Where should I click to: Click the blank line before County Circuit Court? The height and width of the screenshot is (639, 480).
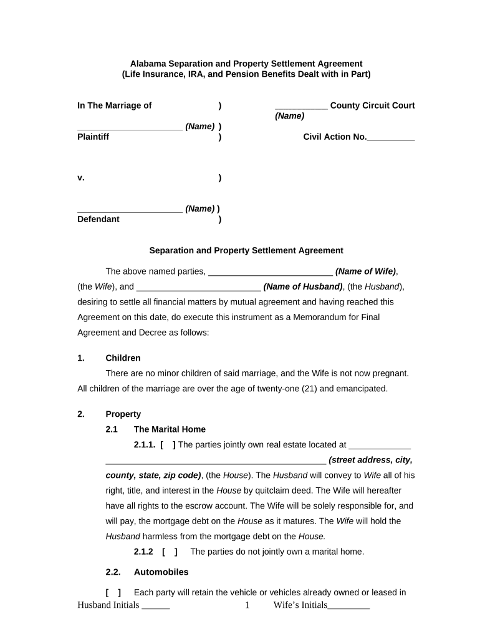point(301,107)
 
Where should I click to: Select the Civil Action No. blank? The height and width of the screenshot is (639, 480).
point(391,138)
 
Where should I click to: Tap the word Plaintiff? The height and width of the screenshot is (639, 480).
point(93,137)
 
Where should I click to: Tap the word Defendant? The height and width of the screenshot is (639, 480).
point(98,219)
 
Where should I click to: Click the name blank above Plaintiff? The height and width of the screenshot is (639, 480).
point(130,127)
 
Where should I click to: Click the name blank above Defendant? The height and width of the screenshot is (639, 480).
point(130,210)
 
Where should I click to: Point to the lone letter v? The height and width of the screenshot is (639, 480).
point(81,178)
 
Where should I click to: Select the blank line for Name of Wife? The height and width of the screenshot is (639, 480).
point(270,273)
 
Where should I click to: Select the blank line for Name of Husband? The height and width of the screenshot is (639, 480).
point(198,288)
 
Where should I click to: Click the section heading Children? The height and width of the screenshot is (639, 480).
point(123,358)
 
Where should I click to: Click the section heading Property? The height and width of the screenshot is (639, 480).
point(123,414)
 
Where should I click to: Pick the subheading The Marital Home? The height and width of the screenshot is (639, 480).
point(170,429)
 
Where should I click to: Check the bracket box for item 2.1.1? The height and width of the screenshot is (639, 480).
point(168,445)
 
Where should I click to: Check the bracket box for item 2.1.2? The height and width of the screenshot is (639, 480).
point(170,552)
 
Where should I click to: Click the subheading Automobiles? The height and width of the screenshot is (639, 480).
point(161,572)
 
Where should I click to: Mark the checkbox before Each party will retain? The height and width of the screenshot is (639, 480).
point(113,593)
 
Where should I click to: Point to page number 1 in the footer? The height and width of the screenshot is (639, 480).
point(247,605)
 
